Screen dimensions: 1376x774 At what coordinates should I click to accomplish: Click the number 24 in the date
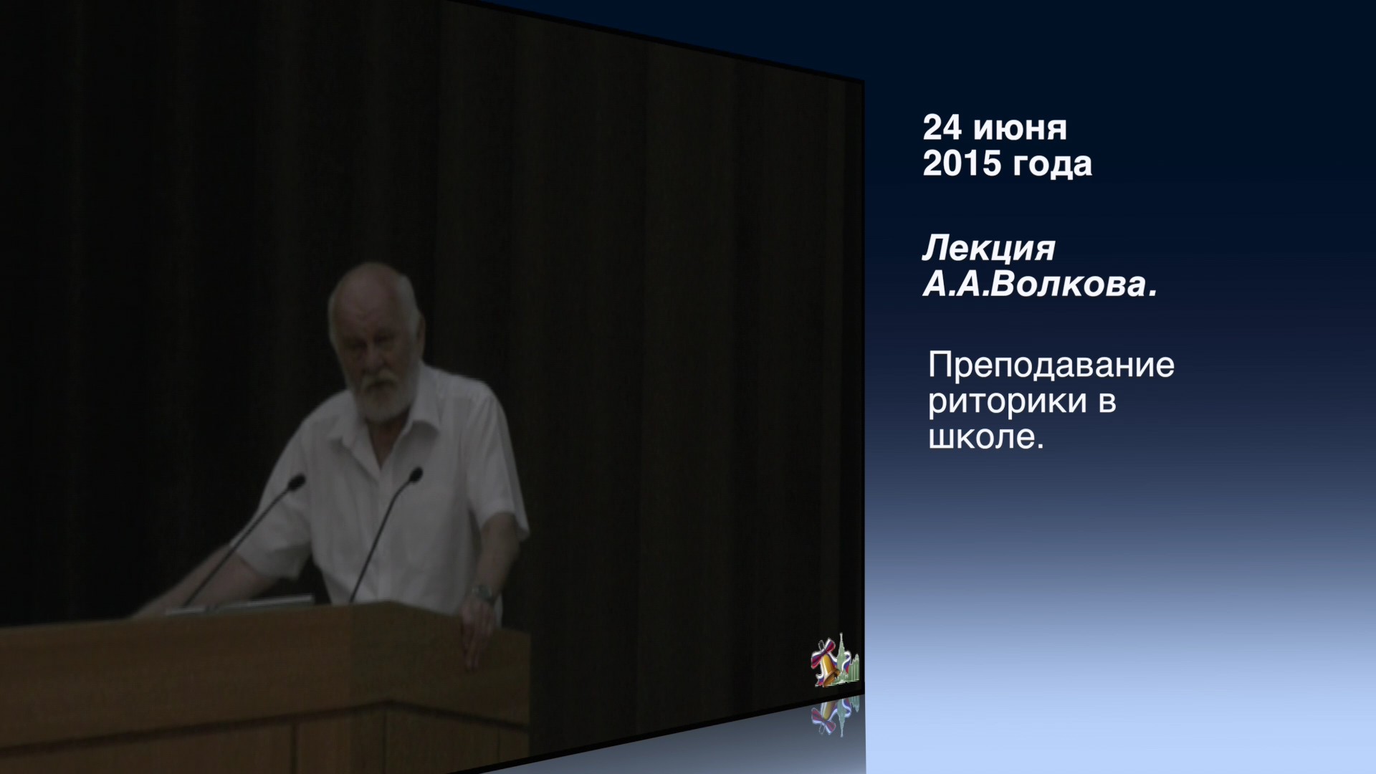coord(942,128)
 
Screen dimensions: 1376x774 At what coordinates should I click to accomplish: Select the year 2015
coord(961,163)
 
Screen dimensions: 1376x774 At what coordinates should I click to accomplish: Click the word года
coord(1052,165)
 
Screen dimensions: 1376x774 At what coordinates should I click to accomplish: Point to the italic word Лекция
coord(989,249)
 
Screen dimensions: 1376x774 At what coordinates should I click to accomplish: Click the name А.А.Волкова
coord(1039,285)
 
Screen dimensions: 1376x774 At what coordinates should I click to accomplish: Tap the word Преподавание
coord(1051,366)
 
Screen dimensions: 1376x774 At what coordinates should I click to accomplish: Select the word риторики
coord(1007,403)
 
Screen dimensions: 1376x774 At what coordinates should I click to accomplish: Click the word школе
coord(986,437)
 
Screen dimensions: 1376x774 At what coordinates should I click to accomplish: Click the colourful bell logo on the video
coord(835,661)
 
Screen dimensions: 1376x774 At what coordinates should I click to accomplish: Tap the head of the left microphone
coord(296,482)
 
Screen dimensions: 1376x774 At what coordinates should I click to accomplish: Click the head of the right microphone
coord(414,475)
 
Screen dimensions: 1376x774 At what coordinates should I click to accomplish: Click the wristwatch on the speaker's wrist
coord(482,593)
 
